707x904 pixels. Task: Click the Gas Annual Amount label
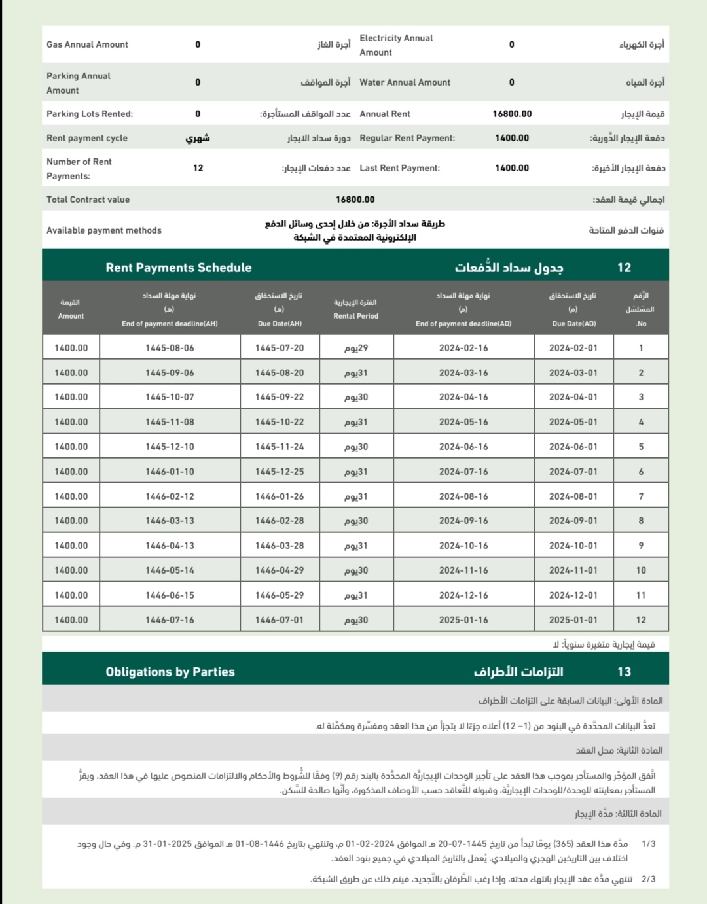point(87,44)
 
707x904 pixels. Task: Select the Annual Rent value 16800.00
point(512,114)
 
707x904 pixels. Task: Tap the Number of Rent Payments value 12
point(198,168)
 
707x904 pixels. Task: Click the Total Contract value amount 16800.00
point(355,200)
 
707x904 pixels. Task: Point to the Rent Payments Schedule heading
point(179,268)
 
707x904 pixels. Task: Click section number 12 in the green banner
point(624,268)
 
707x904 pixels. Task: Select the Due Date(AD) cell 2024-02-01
point(573,348)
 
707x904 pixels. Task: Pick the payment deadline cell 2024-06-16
point(463,447)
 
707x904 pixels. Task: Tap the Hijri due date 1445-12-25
point(280,472)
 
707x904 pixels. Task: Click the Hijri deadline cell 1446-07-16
point(170,620)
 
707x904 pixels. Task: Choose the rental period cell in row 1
point(356,348)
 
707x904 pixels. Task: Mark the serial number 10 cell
point(641,570)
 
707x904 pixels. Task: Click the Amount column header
point(71,309)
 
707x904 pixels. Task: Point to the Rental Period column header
point(355,309)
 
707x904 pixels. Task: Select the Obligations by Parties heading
point(170,672)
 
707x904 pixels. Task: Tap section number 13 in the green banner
point(624,672)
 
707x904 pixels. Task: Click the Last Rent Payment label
point(399,168)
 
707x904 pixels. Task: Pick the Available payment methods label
point(103,230)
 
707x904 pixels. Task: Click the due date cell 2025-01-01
point(573,620)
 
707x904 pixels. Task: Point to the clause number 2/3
point(648,879)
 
